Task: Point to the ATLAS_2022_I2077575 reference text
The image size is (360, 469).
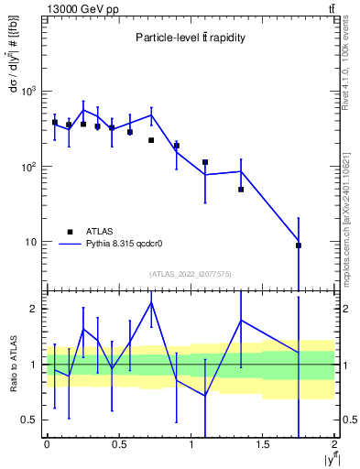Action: (190, 273)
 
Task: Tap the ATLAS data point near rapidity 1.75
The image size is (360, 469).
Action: (299, 245)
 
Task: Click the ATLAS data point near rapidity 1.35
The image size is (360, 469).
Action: (241, 190)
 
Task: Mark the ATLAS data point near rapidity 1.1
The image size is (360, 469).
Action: (205, 162)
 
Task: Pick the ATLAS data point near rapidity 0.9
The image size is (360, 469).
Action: (177, 146)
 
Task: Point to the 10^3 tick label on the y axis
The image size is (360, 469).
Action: (30, 92)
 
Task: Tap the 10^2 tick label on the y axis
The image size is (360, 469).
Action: (30, 167)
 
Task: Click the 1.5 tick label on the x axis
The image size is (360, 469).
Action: (263, 444)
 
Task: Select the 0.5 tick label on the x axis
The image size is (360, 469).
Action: (119, 444)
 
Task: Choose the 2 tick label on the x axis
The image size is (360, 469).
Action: (334, 444)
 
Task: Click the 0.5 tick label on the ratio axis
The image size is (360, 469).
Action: (32, 420)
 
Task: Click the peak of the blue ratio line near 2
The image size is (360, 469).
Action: (151, 302)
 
